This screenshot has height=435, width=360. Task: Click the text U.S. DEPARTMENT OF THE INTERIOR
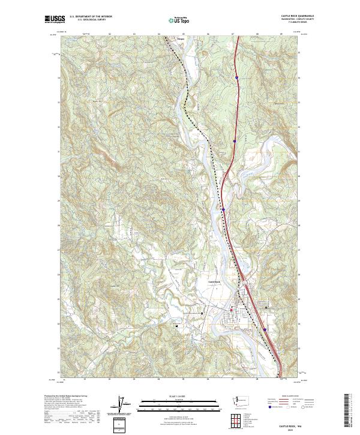point(91,16)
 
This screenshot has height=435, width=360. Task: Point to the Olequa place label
point(178,41)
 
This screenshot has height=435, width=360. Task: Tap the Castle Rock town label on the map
point(214,281)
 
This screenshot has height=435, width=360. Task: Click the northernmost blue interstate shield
point(237,77)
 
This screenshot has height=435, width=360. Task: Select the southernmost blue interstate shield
point(265,329)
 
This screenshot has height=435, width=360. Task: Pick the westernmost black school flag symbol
point(177,326)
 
